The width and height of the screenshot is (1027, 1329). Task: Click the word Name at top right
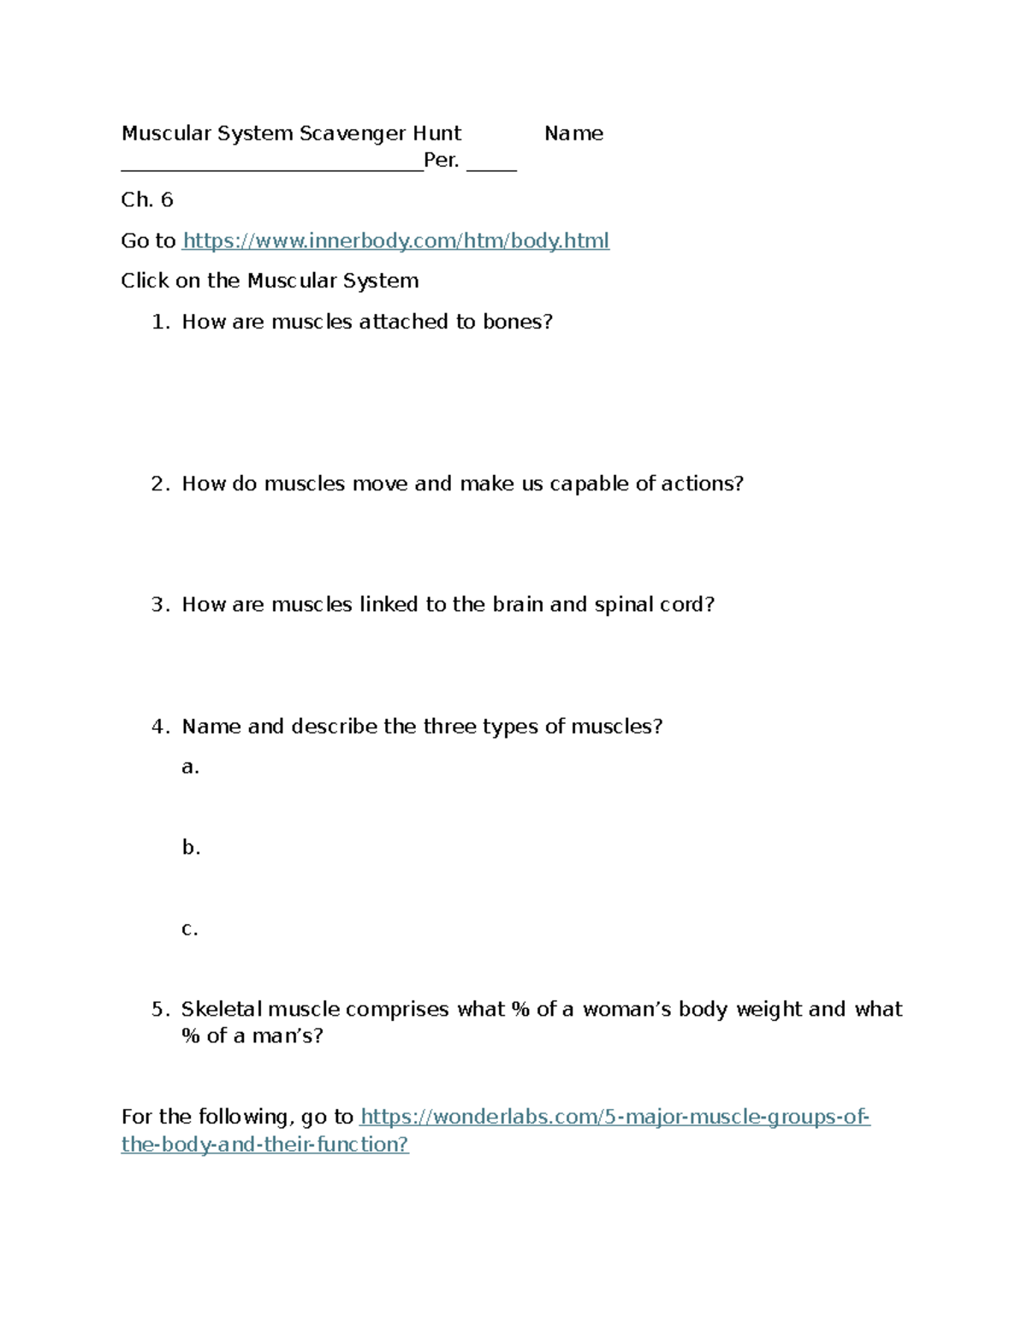pos(573,133)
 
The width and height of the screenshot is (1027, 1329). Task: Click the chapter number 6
pos(167,200)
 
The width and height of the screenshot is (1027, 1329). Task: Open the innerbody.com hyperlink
pos(396,240)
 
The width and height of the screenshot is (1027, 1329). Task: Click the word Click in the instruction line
pos(145,281)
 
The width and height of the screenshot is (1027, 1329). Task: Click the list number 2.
pos(159,484)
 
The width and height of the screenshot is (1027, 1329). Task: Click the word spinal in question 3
pos(623,605)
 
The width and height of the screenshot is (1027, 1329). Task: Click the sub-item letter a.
pos(190,767)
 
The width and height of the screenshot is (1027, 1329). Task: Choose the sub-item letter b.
pos(190,847)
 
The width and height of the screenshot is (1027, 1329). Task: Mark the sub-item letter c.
pos(189,929)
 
